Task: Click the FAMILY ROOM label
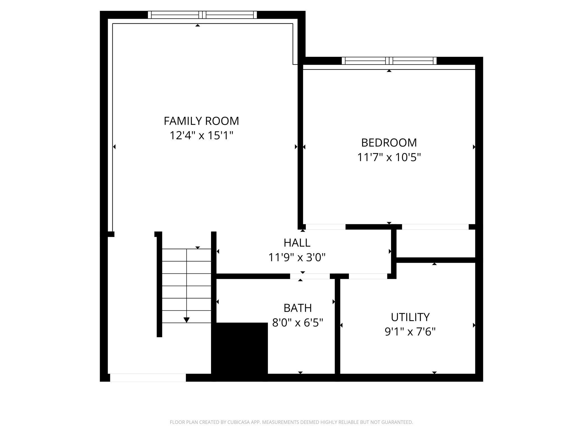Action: [201, 121]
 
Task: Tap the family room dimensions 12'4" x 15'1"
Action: [201, 136]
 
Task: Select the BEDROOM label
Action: [389, 143]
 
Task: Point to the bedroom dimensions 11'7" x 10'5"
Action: [389, 157]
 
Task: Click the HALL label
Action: [297, 243]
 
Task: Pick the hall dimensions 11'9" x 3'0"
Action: [297, 257]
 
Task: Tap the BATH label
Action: [298, 308]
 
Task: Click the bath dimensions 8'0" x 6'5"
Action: [298, 323]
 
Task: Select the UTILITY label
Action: [410, 317]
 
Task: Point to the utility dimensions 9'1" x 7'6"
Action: [410, 332]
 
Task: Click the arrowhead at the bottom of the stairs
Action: [186, 320]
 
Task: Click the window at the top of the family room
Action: [202, 15]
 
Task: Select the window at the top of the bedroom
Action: [389, 61]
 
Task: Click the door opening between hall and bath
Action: [310, 276]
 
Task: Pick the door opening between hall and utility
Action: [368, 276]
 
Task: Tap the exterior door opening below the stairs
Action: [148, 377]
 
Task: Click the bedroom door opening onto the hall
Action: [325, 227]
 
